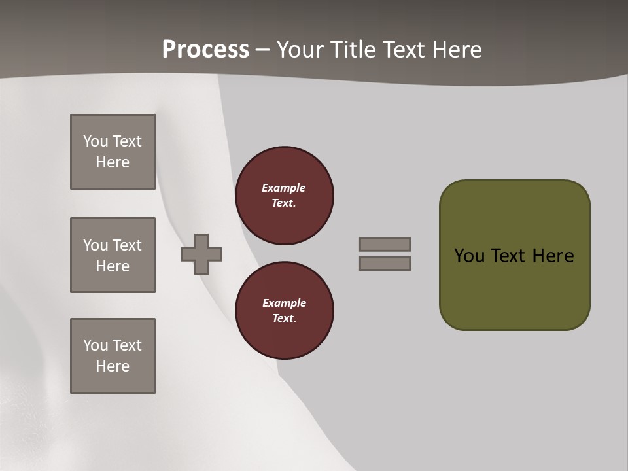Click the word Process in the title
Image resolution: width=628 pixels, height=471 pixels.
[205, 50]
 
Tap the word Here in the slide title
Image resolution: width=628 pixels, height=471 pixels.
[457, 50]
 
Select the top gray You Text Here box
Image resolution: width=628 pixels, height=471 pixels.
[113, 152]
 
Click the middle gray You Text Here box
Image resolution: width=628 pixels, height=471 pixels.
[113, 255]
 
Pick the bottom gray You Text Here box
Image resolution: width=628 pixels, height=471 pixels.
[113, 356]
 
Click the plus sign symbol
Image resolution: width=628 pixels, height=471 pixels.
[201, 254]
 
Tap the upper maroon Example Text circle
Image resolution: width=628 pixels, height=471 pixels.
[284, 196]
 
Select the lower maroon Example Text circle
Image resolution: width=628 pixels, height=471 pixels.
[284, 311]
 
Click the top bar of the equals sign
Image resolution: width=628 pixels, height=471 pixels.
[385, 244]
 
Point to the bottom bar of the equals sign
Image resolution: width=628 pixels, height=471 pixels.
[385, 263]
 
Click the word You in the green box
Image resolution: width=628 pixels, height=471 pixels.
[470, 256]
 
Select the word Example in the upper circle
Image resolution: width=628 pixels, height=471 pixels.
[284, 188]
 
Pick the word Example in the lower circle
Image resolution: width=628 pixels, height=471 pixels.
[284, 303]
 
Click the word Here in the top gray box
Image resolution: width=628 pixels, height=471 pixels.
[113, 162]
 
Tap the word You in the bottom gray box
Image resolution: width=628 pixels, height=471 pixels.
[96, 345]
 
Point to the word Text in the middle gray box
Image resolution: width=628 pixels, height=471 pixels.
[126, 245]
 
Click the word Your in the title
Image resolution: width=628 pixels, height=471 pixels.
[299, 50]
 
